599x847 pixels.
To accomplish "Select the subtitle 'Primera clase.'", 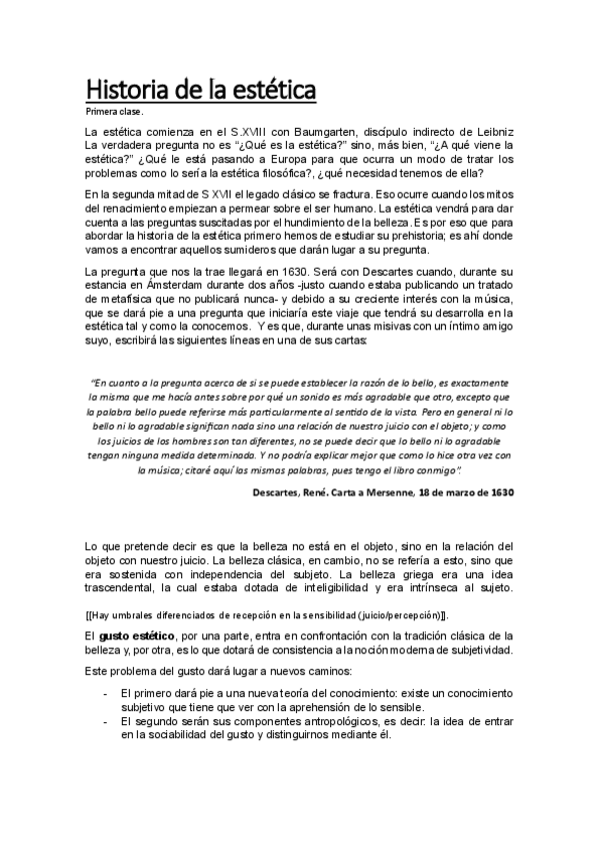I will tap(115, 112).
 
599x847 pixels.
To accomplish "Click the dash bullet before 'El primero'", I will tap(105, 692).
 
